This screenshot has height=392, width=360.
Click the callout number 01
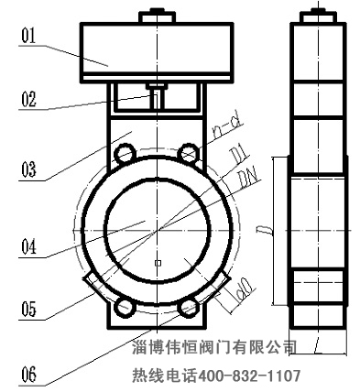[x=27, y=37]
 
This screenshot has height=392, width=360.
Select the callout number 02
[x=28, y=100]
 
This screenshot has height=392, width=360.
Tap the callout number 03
[x=28, y=169]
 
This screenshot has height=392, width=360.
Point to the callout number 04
[x=28, y=245]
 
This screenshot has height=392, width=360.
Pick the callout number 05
[x=28, y=309]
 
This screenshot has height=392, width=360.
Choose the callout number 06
[x=28, y=374]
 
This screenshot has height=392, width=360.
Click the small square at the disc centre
[x=158, y=264]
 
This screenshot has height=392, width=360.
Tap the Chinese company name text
[x=210, y=348]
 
